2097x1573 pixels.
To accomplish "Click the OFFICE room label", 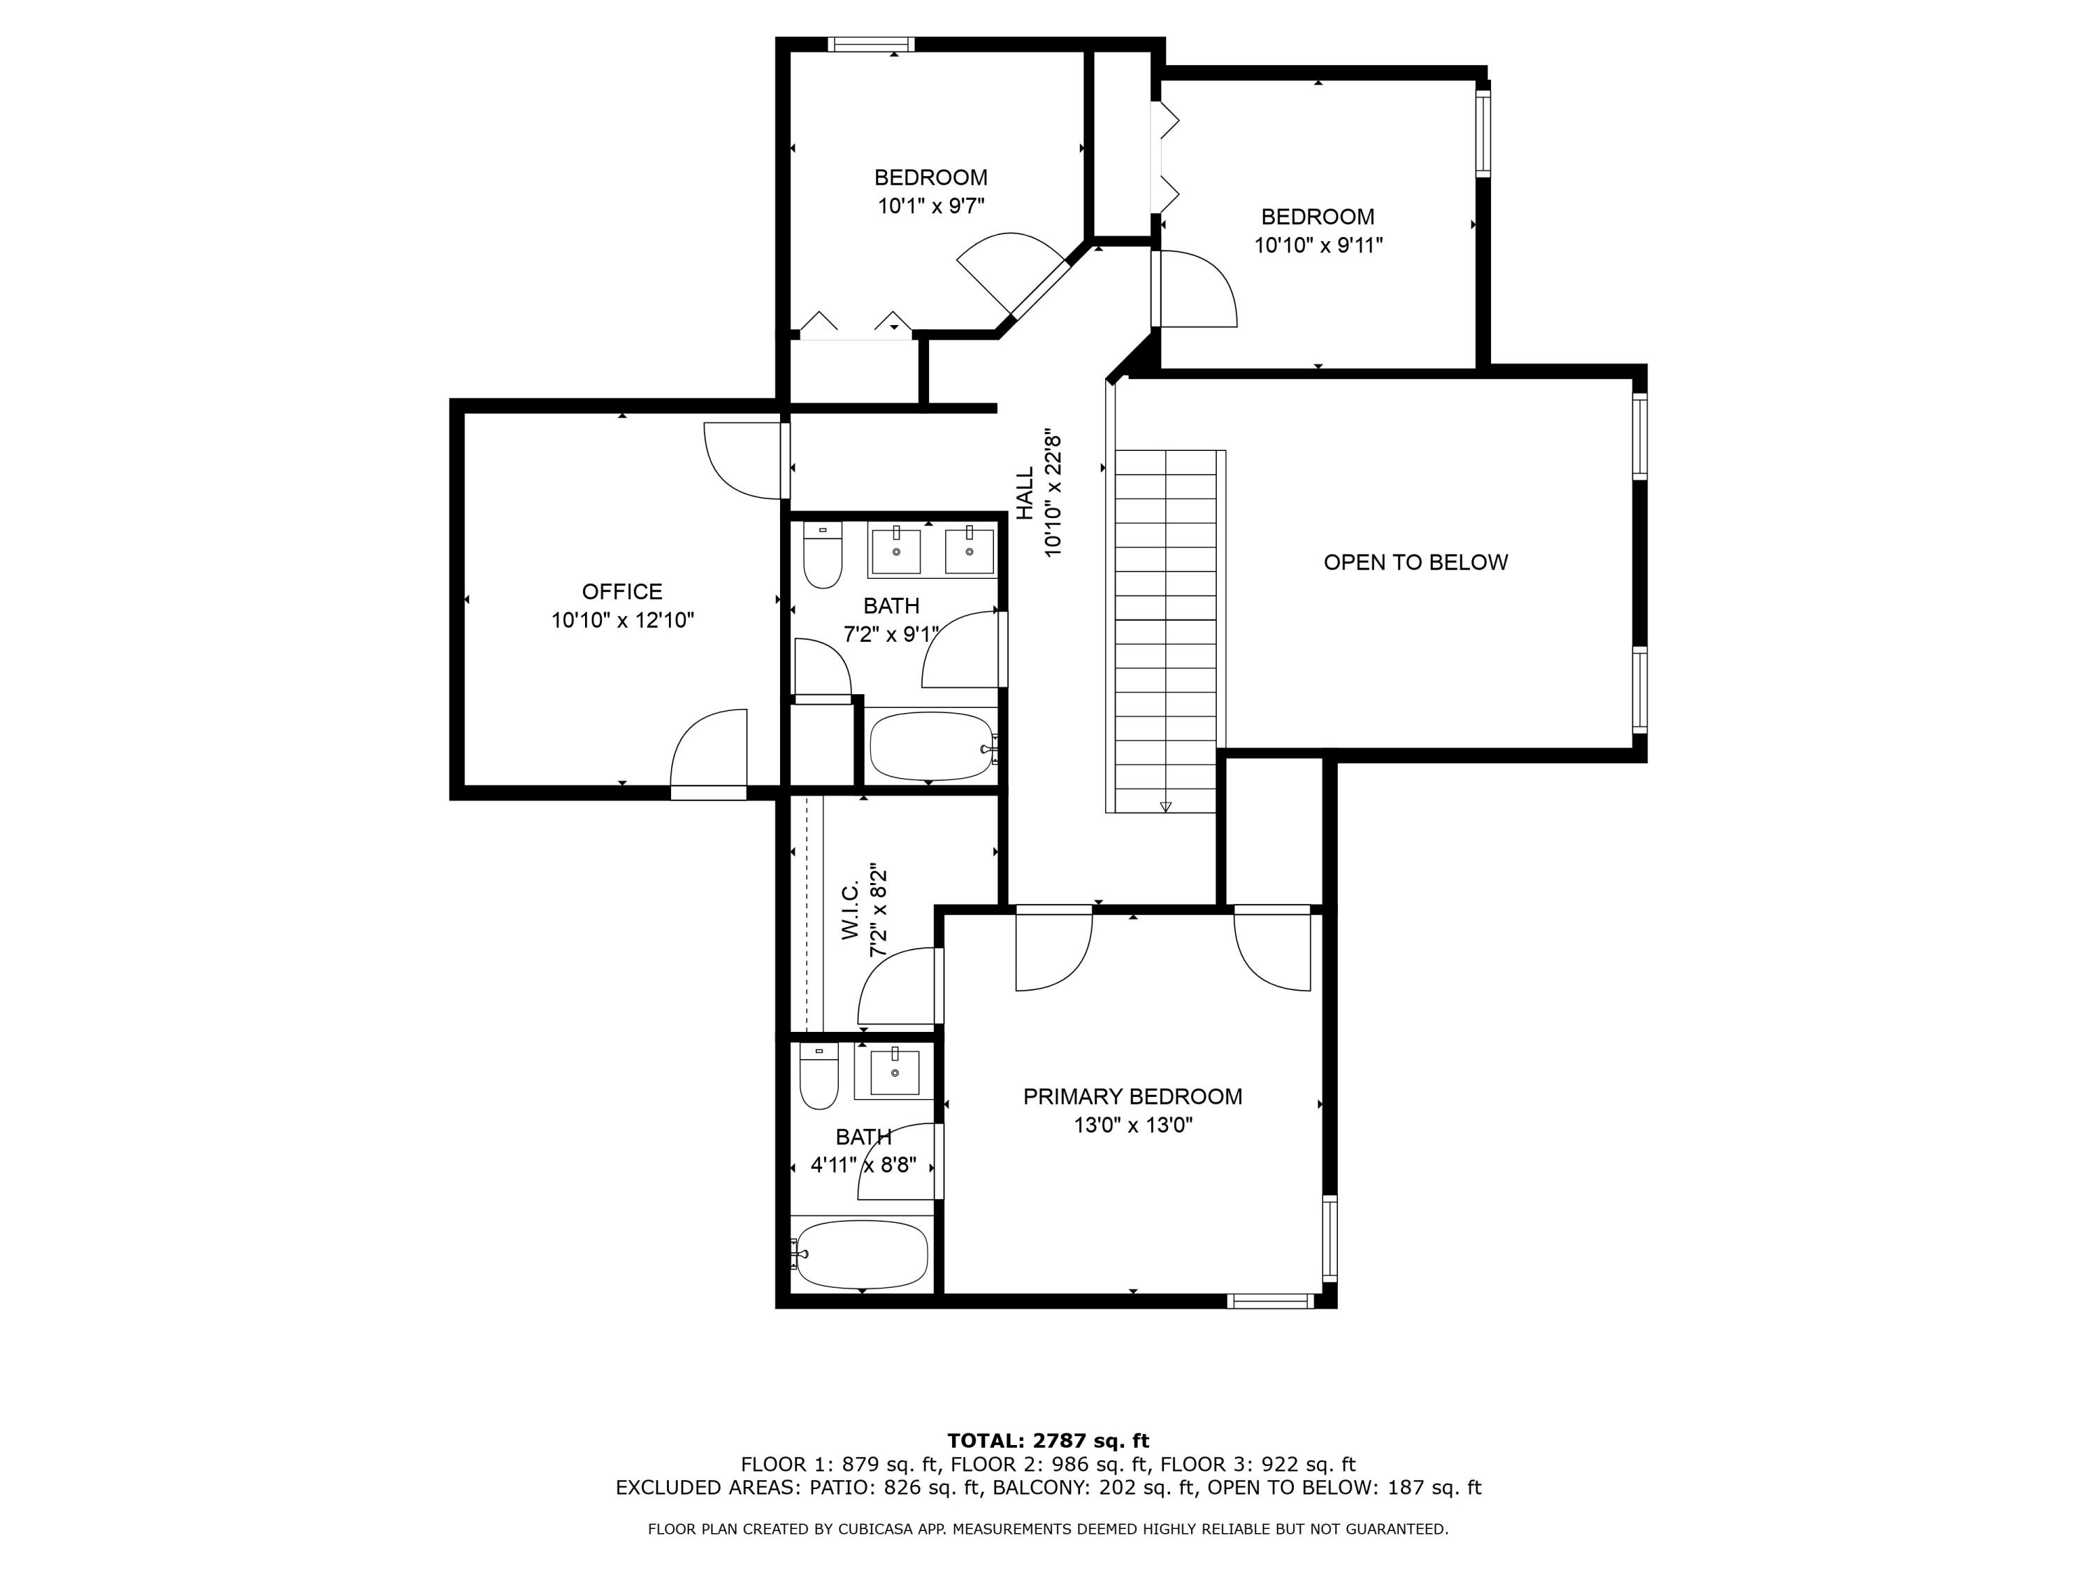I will point(622,591).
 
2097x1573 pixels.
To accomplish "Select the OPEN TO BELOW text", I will point(1415,562).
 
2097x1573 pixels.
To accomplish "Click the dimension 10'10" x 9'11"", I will point(1318,245).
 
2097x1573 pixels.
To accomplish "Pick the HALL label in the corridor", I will point(1025,493).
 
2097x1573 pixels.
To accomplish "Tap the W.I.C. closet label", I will point(851,910).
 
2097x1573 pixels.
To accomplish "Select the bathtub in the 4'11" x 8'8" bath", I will point(860,1254).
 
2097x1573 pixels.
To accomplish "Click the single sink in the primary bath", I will point(894,1073).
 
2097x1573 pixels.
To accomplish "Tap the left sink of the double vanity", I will point(895,552).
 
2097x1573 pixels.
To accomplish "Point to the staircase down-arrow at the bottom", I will point(1165,806).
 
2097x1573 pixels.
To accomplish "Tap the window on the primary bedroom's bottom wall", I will point(1269,1302).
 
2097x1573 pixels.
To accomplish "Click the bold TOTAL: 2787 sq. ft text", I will point(1048,1441).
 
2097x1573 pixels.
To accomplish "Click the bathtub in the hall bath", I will point(931,746).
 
